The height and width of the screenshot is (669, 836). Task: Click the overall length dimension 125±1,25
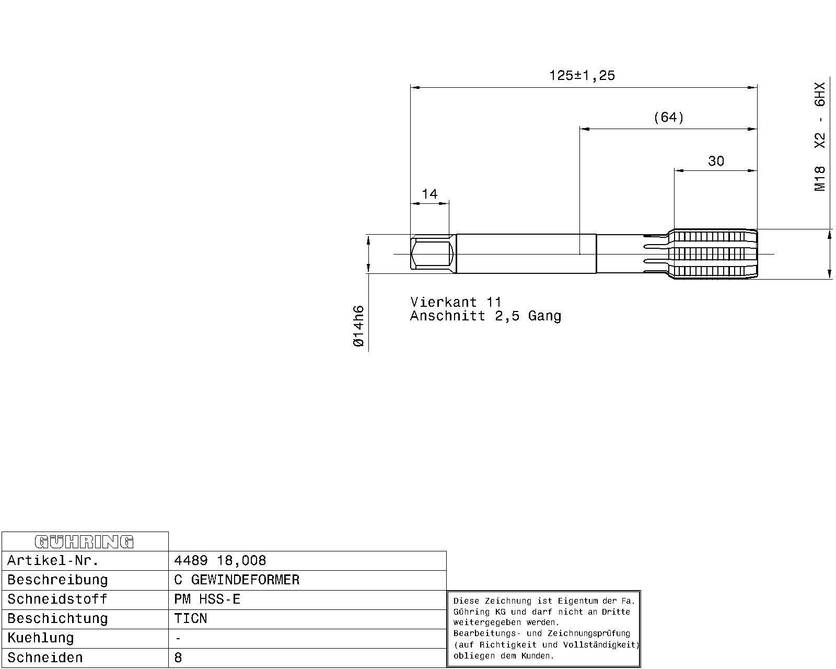pyautogui.click(x=582, y=75)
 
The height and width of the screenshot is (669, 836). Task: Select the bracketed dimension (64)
pyautogui.click(x=669, y=117)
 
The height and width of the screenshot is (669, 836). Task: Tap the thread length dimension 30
pyautogui.click(x=716, y=161)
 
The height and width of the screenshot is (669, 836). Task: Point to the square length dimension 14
pyautogui.click(x=429, y=194)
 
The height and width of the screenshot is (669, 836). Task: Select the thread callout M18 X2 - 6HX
pyautogui.click(x=820, y=136)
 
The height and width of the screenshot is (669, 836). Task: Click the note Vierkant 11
pyautogui.click(x=456, y=302)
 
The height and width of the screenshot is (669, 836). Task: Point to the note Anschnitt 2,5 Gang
pyautogui.click(x=485, y=316)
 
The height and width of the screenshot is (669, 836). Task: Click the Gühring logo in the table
pyautogui.click(x=84, y=541)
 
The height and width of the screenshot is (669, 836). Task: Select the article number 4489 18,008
pyautogui.click(x=220, y=560)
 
